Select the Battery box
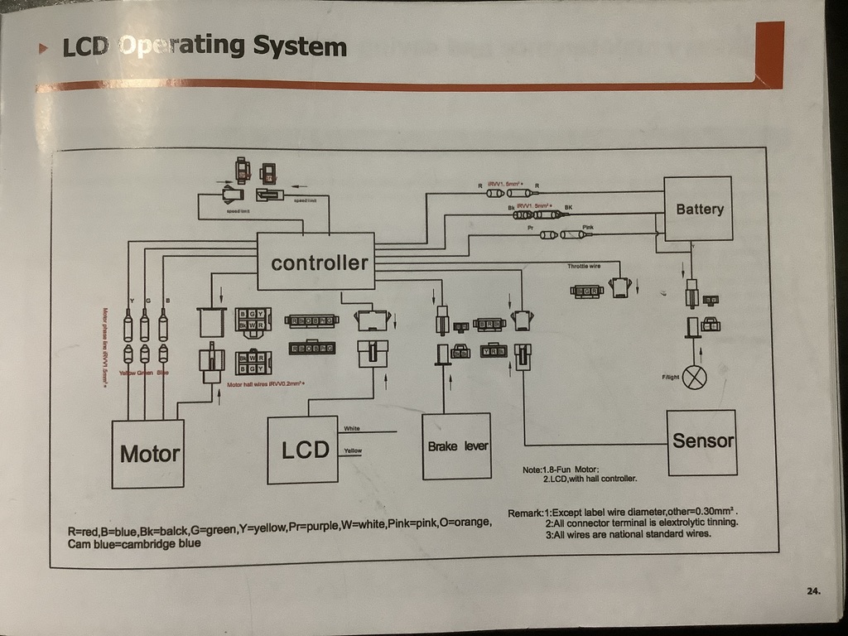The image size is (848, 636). (x=699, y=210)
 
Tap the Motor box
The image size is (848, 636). (x=148, y=453)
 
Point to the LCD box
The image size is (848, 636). (x=303, y=450)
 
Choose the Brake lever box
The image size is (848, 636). (x=457, y=447)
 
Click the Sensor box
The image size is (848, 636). (x=702, y=441)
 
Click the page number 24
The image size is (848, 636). (x=812, y=590)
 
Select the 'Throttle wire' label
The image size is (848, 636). (x=584, y=267)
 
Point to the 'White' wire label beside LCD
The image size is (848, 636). (x=351, y=428)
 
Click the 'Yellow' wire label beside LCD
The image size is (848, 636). (x=352, y=450)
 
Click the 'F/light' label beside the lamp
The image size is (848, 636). (x=670, y=377)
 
